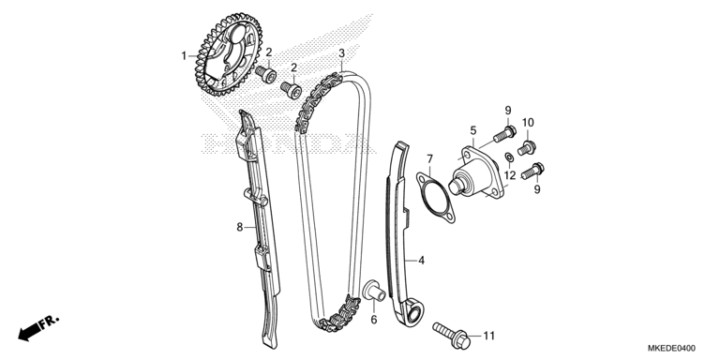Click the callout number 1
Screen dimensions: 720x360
click(184, 56)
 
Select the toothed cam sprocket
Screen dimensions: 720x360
click(228, 54)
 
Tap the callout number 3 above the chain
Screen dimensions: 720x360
click(341, 53)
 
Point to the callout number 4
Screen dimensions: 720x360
click(422, 261)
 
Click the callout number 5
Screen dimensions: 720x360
click(473, 131)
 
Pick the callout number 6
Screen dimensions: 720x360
click(374, 320)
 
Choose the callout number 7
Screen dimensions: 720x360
click(429, 159)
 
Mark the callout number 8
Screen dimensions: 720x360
click(240, 227)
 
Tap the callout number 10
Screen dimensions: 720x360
click(528, 123)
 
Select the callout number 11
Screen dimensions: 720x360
click(489, 337)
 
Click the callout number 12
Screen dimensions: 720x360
click(510, 175)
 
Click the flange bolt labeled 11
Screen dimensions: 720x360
click(452, 335)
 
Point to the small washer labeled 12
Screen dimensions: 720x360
click(509, 157)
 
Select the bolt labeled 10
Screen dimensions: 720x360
click(527, 148)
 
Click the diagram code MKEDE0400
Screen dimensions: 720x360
click(671, 348)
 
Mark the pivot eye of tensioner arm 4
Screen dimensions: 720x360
click(413, 315)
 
